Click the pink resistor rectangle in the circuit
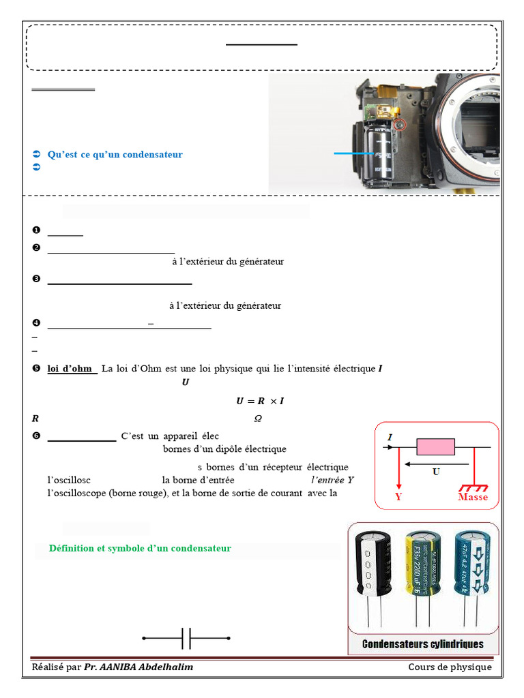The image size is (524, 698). coord(435,447)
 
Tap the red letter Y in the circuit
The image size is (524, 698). coord(398,497)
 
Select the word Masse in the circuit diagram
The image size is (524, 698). coord(473,497)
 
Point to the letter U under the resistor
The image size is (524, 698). coord(436,472)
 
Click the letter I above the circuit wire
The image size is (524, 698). coord(390,437)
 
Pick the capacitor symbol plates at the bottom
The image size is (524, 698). coord(186,639)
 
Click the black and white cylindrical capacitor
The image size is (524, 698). coord(373,566)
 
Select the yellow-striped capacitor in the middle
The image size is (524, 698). coord(422,565)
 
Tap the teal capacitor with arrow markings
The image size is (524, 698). coord(471,564)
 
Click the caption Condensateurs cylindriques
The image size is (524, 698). coord(422,644)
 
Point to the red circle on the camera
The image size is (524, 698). coord(401,125)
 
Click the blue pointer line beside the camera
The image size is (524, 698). coord(353,154)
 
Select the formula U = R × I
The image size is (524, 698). coord(259,401)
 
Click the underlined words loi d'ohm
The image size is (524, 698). coord(70,369)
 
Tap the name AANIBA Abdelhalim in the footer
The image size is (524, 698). coord(139,667)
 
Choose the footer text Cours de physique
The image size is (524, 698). coord(450,667)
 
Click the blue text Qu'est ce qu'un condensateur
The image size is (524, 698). coord(115,155)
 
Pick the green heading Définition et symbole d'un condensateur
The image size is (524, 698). coord(140,548)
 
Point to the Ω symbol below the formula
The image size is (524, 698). coord(258,419)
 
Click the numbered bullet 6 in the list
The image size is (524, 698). coord(36,436)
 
